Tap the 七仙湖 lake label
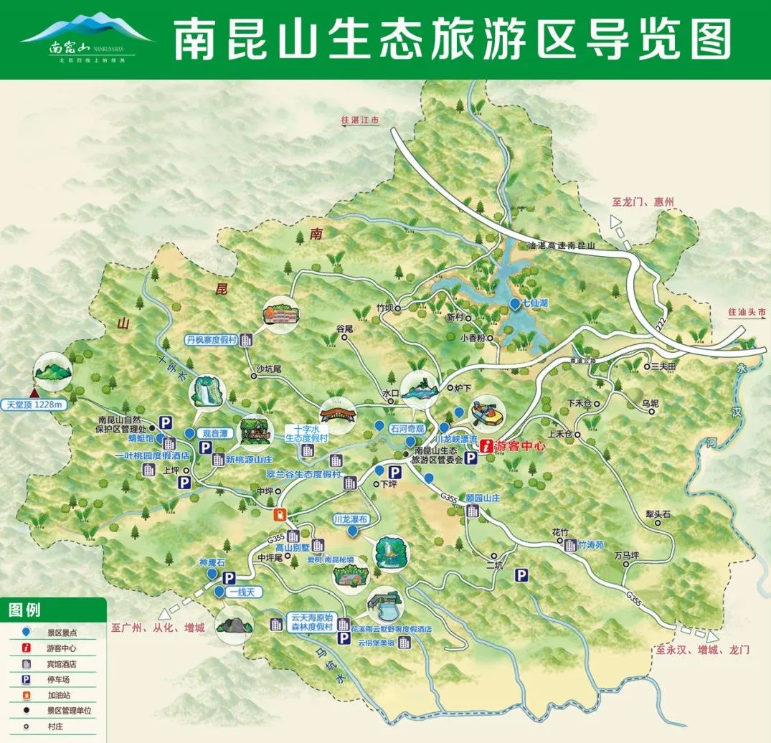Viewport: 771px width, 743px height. pyautogui.click(x=535, y=303)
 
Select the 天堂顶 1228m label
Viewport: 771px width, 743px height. pyautogui.click(x=34, y=404)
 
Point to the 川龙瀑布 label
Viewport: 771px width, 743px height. pyautogui.click(x=350, y=518)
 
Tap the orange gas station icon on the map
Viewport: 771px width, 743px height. pyautogui.click(x=280, y=514)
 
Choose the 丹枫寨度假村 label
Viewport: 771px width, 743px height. pyautogui.click(x=211, y=340)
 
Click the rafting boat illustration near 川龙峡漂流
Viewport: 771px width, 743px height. pyautogui.click(x=486, y=415)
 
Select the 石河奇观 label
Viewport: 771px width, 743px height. pyautogui.click(x=408, y=428)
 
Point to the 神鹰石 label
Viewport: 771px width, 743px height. pyautogui.click(x=212, y=563)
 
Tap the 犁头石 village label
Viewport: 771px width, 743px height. pyautogui.click(x=657, y=514)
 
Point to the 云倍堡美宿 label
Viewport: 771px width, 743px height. pyautogui.click(x=376, y=642)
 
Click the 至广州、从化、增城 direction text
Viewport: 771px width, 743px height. pyautogui.click(x=158, y=628)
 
